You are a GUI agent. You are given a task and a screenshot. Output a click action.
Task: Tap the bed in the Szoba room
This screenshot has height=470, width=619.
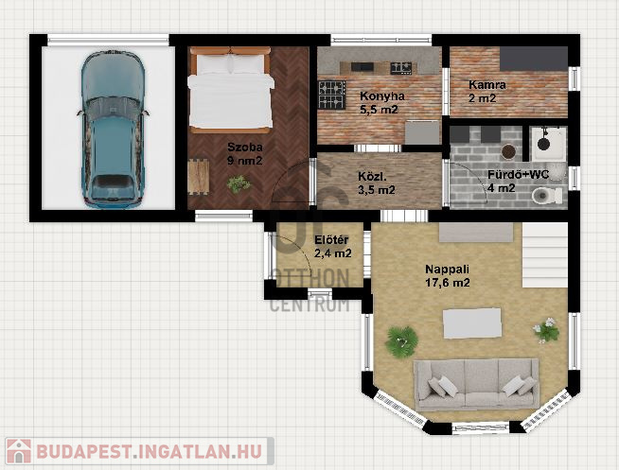pos(231,90)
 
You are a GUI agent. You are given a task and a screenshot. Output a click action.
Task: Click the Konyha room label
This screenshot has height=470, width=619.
pos(382,96)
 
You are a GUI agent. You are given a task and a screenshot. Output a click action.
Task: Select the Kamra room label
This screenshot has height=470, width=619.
pos(487,85)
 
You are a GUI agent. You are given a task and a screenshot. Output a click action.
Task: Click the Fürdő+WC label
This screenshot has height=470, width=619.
pos(518,175)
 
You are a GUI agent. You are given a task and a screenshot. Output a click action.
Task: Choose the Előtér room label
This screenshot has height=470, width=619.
pos(331,240)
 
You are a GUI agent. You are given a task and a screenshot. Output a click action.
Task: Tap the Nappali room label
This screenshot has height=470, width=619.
pos(447,270)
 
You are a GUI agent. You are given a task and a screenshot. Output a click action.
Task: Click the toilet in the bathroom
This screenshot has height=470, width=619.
pos(547,195)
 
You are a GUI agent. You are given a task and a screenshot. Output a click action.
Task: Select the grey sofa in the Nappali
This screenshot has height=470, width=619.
pos(476,385)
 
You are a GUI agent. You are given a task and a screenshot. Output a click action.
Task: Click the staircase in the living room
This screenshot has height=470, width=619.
pos(545,254)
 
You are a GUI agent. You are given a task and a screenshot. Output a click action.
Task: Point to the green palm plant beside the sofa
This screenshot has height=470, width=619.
pos(401,341)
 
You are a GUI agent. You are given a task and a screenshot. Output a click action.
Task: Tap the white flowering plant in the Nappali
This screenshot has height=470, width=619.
pos(546,329)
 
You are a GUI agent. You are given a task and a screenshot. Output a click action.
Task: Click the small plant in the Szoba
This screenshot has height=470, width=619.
pos(239,183)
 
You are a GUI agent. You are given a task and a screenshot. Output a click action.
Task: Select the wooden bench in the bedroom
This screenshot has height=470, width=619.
pos(199,177)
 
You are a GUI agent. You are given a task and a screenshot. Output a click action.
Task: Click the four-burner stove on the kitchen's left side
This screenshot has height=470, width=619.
pos(332,95)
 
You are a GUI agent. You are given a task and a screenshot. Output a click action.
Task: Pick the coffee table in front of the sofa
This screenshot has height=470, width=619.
pos(471,323)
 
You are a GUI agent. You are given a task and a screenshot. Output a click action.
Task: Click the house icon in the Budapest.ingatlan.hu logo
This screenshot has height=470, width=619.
pos(19,451)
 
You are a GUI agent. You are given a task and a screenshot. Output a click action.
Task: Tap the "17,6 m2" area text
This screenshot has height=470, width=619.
pos(448,283)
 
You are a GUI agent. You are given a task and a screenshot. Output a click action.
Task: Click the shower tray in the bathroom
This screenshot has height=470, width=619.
pos(548,144)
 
